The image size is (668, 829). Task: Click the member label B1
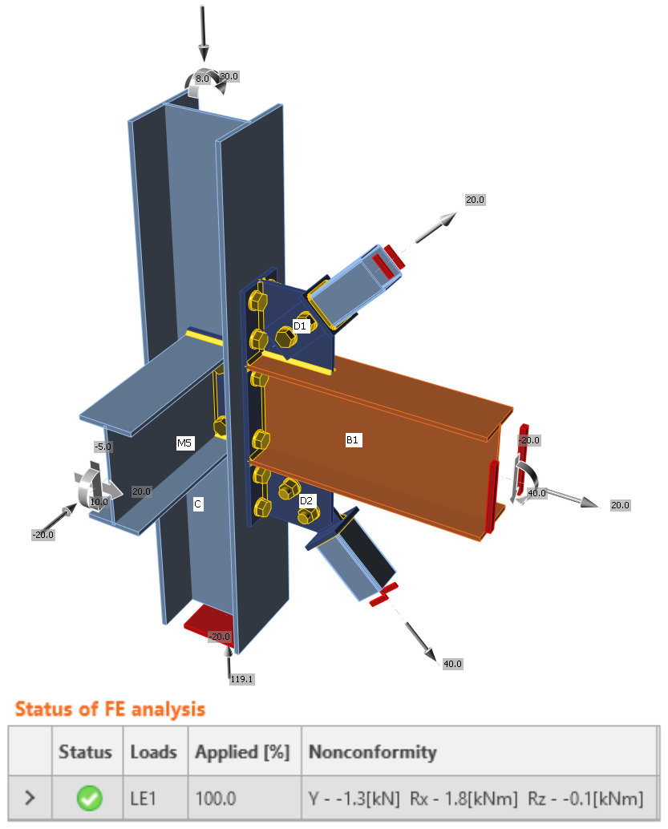tap(353, 439)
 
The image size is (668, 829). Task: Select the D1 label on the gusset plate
tap(300, 326)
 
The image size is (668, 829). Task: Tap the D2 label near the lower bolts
tap(306, 500)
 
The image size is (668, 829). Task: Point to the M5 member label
tap(185, 443)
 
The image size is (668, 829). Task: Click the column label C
tap(197, 504)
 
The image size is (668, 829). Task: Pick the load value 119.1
tap(241, 678)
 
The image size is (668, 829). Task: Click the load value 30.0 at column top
tap(229, 77)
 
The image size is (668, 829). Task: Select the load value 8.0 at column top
tap(202, 79)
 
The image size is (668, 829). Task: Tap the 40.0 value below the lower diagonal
tap(452, 664)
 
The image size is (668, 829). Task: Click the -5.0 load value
tap(103, 447)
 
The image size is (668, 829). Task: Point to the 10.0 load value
tap(99, 502)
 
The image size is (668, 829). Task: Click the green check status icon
tap(90, 798)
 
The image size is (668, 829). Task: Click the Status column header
tap(85, 752)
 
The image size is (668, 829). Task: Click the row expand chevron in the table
tap(30, 798)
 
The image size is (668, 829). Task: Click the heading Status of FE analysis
tap(110, 709)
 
